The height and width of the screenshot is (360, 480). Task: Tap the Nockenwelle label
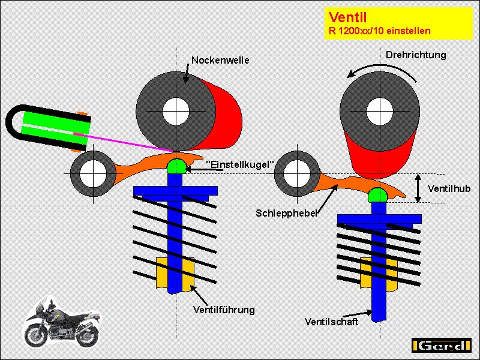click(220, 60)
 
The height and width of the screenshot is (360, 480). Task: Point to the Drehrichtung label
click(416, 55)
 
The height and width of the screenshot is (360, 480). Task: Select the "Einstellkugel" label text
click(240, 163)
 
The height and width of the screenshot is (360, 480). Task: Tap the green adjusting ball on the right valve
click(379, 194)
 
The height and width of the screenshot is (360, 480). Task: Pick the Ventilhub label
click(449, 188)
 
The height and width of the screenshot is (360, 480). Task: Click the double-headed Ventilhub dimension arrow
click(419, 188)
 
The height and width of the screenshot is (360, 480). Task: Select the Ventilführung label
click(224, 310)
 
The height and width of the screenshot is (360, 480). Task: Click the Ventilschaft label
click(331, 322)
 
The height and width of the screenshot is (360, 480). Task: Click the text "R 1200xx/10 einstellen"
click(379, 31)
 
